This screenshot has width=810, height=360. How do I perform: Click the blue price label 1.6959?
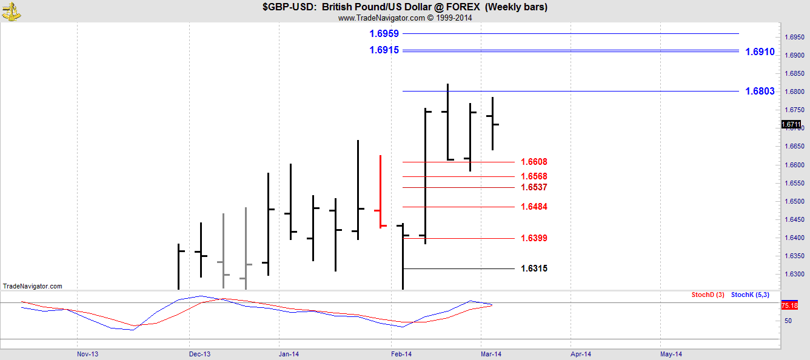pyautogui.click(x=384, y=34)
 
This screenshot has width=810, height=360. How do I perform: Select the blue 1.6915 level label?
pyautogui.click(x=384, y=50)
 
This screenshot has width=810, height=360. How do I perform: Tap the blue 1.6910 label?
pyautogui.click(x=760, y=52)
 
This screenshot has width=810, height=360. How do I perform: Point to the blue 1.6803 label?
pyautogui.click(x=760, y=92)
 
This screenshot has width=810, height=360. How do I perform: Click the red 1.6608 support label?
pyautogui.click(x=534, y=162)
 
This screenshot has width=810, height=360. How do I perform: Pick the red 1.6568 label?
pyautogui.click(x=534, y=177)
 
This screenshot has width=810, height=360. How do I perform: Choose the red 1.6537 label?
pyautogui.click(x=534, y=187)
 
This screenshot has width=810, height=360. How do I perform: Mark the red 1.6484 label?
pyautogui.click(x=534, y=207)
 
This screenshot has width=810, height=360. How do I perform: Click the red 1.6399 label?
pyautogui.click(x=534, y=238)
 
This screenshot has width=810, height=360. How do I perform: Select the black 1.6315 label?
pyautogui.click(x=534, y=268)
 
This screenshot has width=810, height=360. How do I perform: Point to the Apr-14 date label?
pyautogui.click(x=581, y=354)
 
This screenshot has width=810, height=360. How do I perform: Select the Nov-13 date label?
pyautogui.click(x=88, y=354)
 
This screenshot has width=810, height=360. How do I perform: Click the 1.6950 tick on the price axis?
pyautogui.click(x=795, y=37)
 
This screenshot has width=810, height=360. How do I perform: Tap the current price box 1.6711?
pyautogui.click(x=791, y=125)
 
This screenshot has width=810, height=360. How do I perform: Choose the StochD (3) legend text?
pyautogui.click(x=708, y=295)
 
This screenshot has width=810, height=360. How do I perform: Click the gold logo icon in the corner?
pyautogui.click(x=10, y=10)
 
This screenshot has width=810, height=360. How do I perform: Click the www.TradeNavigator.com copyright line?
pyautogui.click(x=404, y=18)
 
